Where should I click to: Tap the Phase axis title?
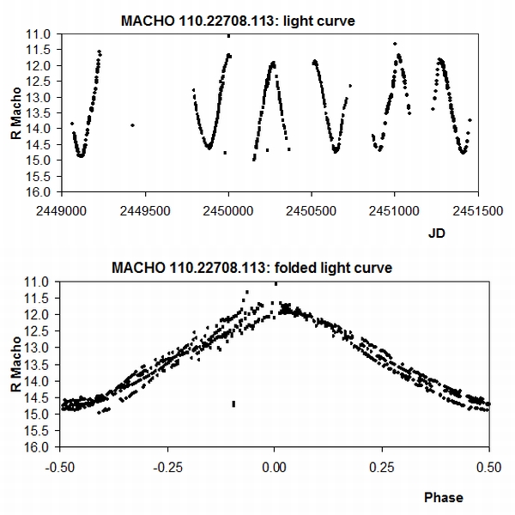pos(443,497)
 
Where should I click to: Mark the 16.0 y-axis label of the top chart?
pos(42,191)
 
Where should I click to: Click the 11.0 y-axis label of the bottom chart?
pos(42,282)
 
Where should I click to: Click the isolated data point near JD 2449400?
pos(132,125)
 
